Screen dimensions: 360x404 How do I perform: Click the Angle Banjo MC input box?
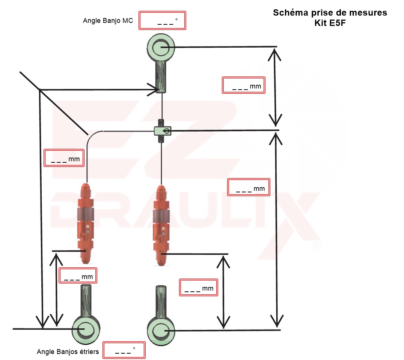(163, 21)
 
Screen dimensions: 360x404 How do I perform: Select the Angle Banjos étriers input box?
(124, 351)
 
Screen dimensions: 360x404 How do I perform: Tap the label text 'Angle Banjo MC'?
(108, 21)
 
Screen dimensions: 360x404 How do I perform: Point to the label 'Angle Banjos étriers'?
(68, 352)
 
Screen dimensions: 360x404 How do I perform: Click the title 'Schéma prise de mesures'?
(330, 13)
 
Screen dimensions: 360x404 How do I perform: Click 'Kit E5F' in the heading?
(330, 22)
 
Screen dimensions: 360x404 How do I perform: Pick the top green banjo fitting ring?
(161, 47)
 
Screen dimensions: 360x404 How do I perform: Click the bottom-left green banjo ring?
(86, 329)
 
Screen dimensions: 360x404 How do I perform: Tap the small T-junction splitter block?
(162, 130)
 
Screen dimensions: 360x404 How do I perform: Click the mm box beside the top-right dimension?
(244, 85)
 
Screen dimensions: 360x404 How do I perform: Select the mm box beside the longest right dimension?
(249, 187)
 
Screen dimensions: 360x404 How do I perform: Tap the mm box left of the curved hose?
(64, 158)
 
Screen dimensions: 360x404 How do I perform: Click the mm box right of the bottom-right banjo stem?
(199, 287)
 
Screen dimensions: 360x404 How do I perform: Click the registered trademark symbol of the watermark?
(317, 247)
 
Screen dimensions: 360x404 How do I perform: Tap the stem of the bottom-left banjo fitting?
(86, 300)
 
